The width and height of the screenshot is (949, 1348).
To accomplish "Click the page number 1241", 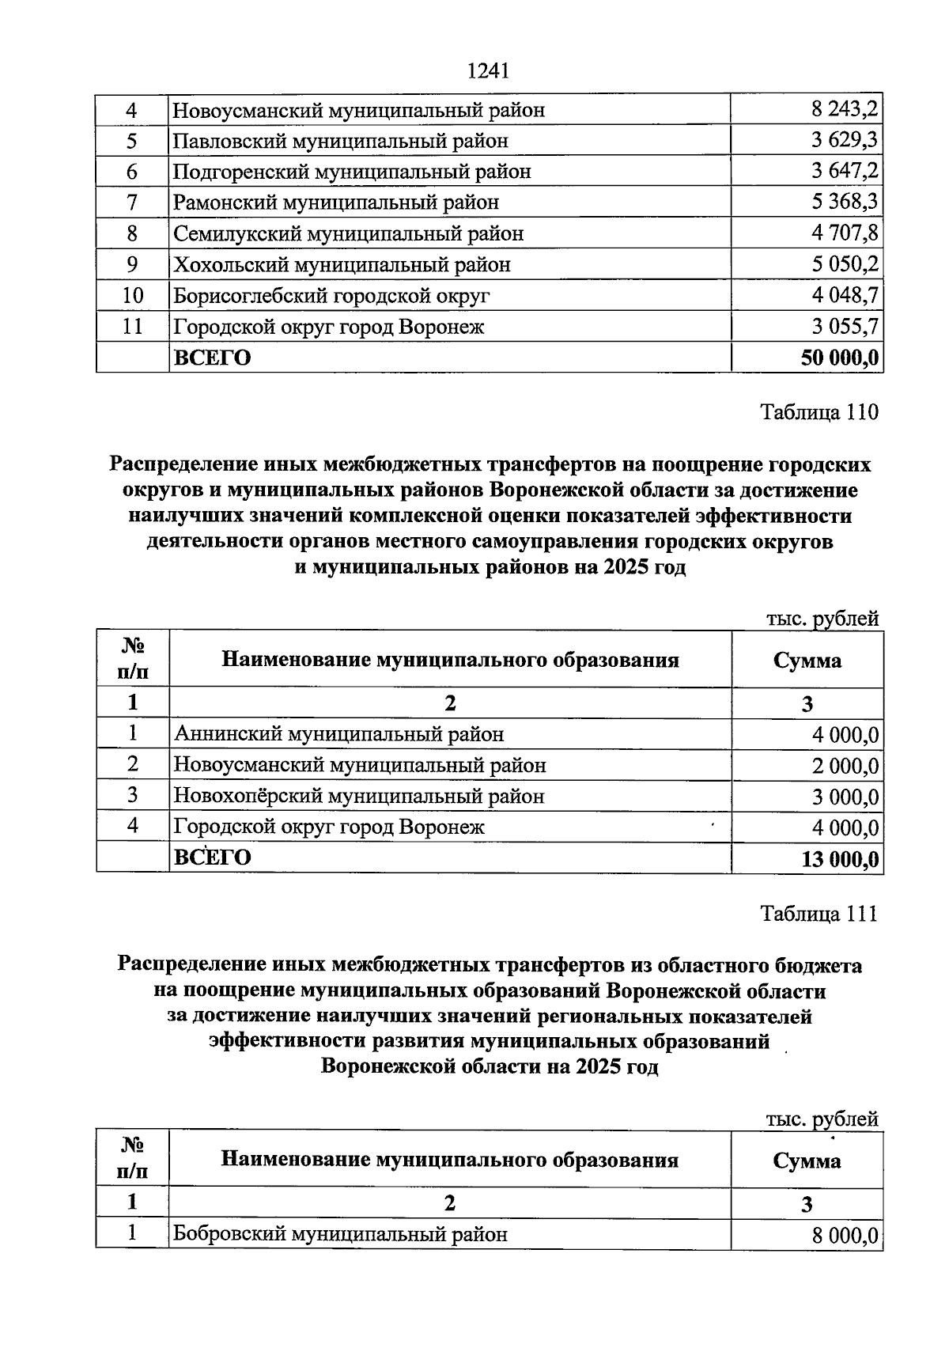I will click(487, 71).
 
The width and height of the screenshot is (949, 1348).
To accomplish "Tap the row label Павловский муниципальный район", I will click(341, 141).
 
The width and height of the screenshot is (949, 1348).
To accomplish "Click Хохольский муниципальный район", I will click(342, 264).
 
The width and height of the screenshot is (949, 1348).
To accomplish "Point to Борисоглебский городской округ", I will click(331, 295).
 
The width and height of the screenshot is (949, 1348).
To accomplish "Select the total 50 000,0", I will click(839, 358).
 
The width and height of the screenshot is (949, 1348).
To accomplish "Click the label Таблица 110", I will click(819, 412).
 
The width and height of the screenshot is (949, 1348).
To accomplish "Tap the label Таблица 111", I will click(819, 914).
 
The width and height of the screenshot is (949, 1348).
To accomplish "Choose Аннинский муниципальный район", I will click(338, 734).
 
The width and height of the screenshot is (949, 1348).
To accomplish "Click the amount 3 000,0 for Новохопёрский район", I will click(845, 797).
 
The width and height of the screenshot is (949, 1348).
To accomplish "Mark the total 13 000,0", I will click(840, 859).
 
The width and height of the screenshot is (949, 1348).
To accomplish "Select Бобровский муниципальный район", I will click(340, 1233).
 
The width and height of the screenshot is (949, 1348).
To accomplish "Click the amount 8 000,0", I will click(845, 1235).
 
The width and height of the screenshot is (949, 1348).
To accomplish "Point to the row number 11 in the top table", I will click(132, 326).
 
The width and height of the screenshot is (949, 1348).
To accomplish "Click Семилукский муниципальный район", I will click(348, 233).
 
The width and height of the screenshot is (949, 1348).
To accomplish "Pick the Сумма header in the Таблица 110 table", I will click(807, 661).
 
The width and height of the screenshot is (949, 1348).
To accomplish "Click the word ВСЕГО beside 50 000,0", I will click(212, 358).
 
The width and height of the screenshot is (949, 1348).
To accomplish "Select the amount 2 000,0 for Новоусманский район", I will click(845, 766).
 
